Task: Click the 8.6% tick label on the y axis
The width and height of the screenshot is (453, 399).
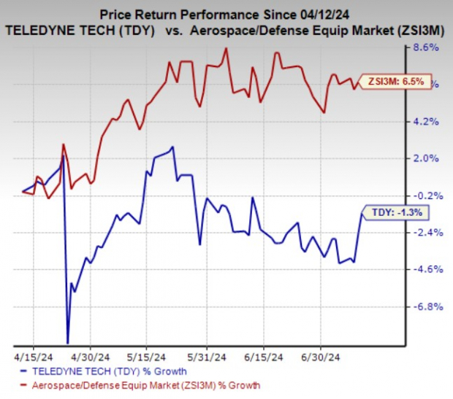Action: [x=426, y=48]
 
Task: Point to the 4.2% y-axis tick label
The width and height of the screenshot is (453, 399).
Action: [x=426, y=122]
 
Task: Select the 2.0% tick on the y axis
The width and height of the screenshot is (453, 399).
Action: [x=426, y=158]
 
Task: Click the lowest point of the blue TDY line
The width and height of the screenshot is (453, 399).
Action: [x=68, y=342]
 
